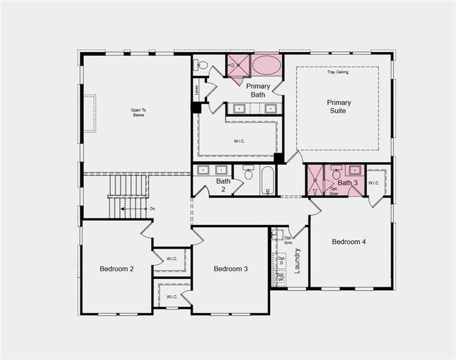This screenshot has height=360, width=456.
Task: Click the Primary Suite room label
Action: (339, 107)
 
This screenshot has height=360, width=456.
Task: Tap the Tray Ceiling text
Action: (338, 72)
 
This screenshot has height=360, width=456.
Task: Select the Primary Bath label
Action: (258, 91)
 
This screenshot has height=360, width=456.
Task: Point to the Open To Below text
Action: (138, 112)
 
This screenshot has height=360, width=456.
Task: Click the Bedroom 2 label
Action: (116, 269)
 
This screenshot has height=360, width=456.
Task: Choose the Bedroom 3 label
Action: (230, 269)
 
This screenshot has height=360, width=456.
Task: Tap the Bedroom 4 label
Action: (349, 242)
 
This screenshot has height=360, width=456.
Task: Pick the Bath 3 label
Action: (347, 182)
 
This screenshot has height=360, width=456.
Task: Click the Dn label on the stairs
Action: (152, 209)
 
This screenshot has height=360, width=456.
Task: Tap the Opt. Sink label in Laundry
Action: (288, 240)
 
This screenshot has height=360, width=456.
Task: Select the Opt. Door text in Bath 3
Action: (334, 191)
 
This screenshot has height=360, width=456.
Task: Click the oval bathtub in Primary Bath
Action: (266, 65)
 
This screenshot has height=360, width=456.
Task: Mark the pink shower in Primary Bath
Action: (238, 65)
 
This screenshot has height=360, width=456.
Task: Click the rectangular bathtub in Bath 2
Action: (268, 180)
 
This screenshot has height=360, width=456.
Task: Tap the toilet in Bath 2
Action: (248, 173)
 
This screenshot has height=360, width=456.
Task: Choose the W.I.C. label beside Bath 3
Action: (374, 182)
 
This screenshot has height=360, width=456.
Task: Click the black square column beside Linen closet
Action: (196, 107)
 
